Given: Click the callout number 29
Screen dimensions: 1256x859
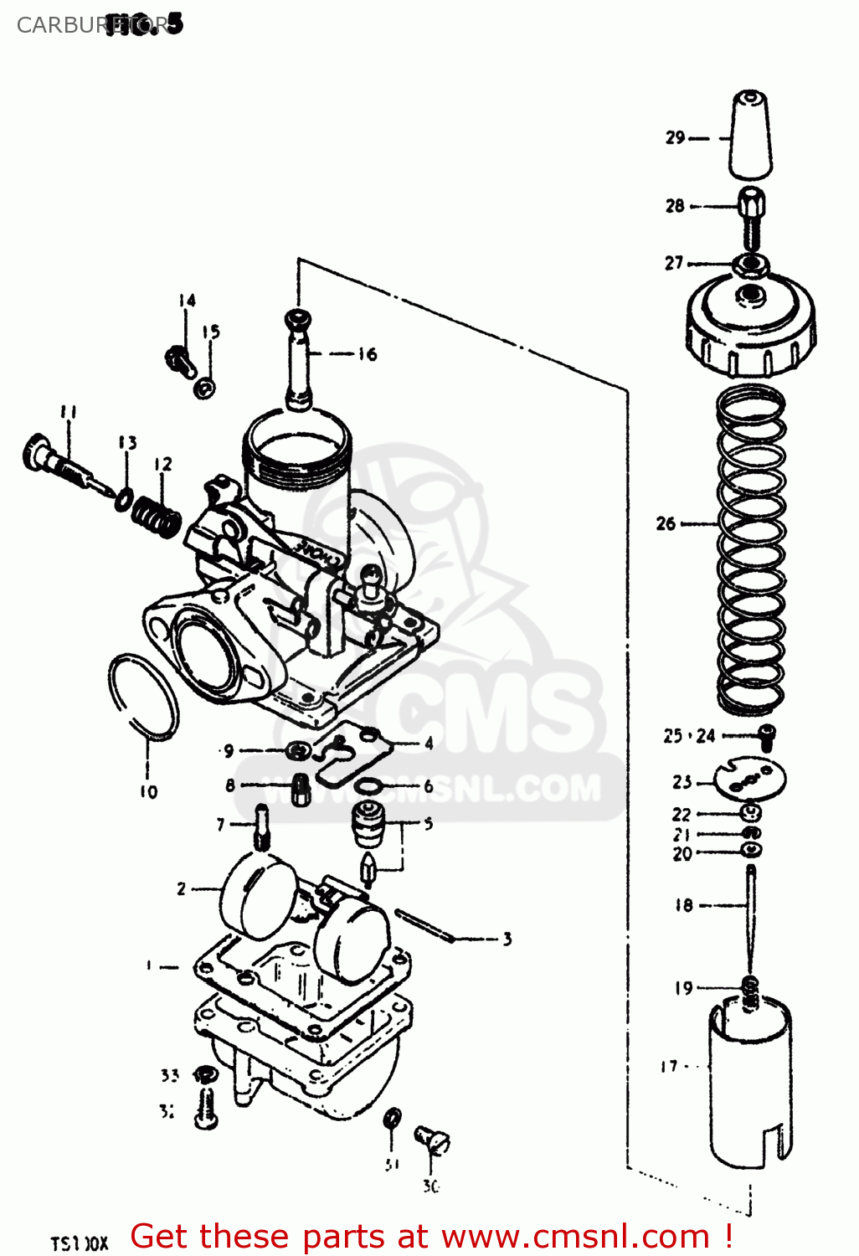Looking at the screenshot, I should (x=675, y=137).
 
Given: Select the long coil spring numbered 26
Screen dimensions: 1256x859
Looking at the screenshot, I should (x=751, y=548).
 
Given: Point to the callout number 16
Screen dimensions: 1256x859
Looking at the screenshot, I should (x=368, y=354).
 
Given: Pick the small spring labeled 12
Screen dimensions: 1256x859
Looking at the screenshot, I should (x=158, y=514).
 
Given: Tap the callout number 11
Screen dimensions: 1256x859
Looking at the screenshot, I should (x=69, y=412).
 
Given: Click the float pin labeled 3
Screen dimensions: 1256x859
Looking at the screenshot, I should (x=424, y=925).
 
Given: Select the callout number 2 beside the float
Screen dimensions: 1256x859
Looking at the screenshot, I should (x=181, y=888).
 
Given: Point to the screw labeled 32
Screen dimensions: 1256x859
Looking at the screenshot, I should (x=205, y=1108).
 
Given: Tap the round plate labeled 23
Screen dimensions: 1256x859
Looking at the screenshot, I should (x=750, y=780).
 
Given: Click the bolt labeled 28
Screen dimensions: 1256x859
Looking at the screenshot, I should (x=751, y=217).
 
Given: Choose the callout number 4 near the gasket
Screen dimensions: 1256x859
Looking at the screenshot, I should (x=429, y=743).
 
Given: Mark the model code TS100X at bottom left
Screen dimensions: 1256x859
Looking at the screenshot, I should (x=80, y=1243).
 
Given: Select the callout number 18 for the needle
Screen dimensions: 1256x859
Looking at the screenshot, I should (x=684, y=905).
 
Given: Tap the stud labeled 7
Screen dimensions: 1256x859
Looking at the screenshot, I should (x=262, y=826).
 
